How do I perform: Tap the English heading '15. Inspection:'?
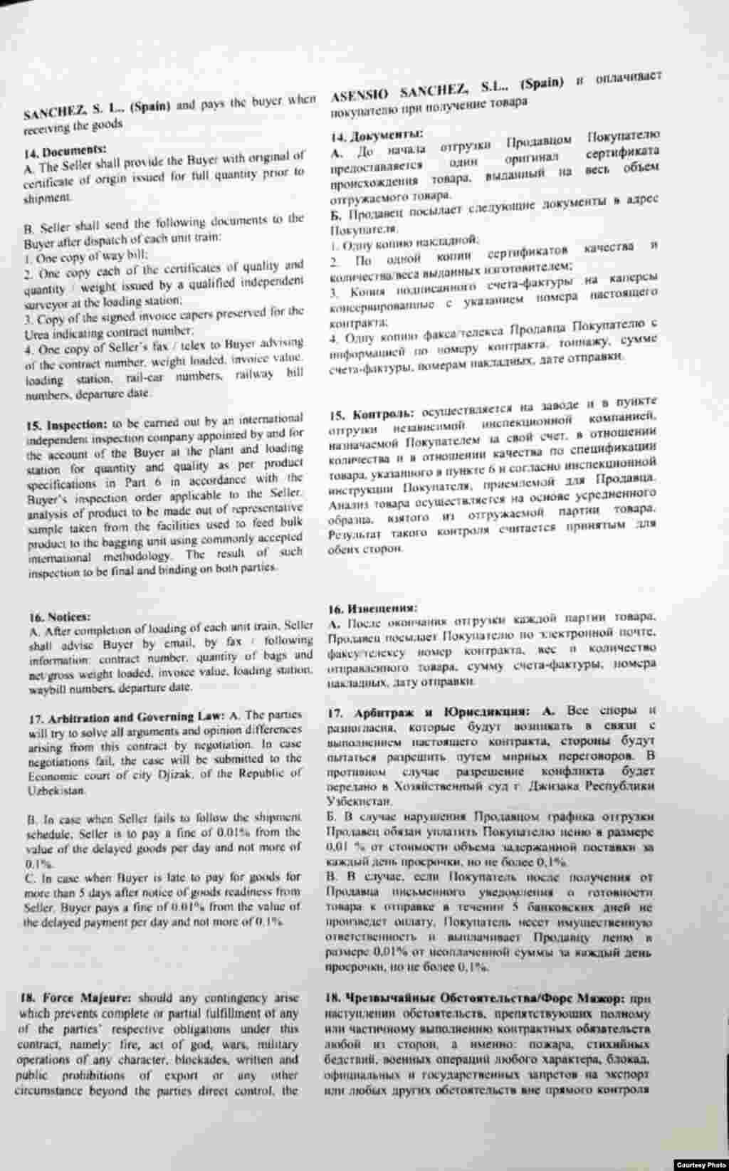(66, 425)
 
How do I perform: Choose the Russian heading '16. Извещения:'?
(372, 608)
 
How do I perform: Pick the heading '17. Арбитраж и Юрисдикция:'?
(434, 711)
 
